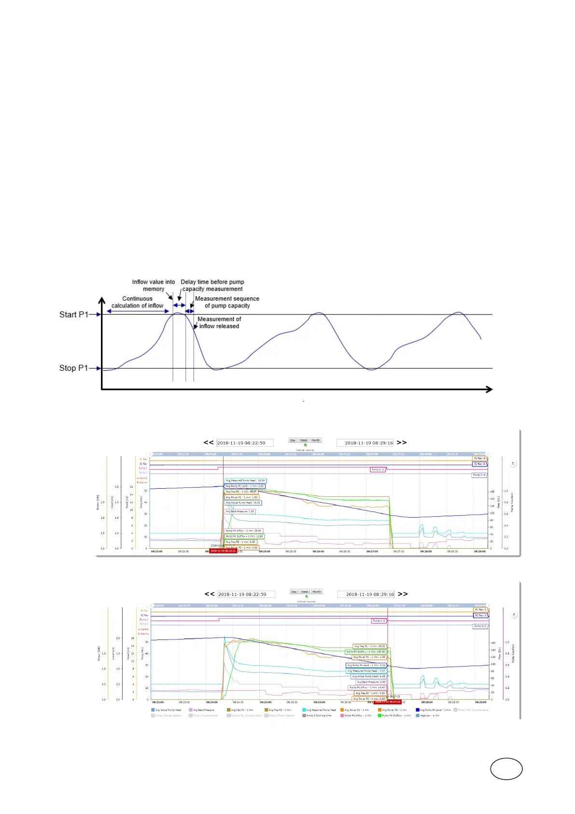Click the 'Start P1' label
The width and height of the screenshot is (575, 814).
coord(74,315)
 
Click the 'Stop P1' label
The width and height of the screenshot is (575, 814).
coord(73,368)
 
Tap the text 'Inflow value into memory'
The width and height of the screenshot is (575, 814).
coord(154,285)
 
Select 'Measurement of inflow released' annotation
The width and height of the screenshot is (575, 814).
coord(219,322)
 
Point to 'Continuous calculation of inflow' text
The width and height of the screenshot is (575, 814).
coord(137,302)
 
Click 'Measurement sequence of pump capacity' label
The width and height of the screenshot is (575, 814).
coord(227,302)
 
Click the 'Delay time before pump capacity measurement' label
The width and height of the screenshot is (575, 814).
coord(212,285)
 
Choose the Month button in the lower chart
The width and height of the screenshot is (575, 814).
coord(316,592)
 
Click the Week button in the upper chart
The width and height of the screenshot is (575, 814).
coord(303,440)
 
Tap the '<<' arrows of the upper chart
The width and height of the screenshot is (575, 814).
coord(208,442)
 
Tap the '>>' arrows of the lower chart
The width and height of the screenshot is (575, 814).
coord(403,594)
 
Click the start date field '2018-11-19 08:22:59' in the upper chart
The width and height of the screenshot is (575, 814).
coord(245,443)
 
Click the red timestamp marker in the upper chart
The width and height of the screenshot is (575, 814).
coord(223,551)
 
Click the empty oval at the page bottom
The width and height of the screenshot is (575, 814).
coord(506,769)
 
